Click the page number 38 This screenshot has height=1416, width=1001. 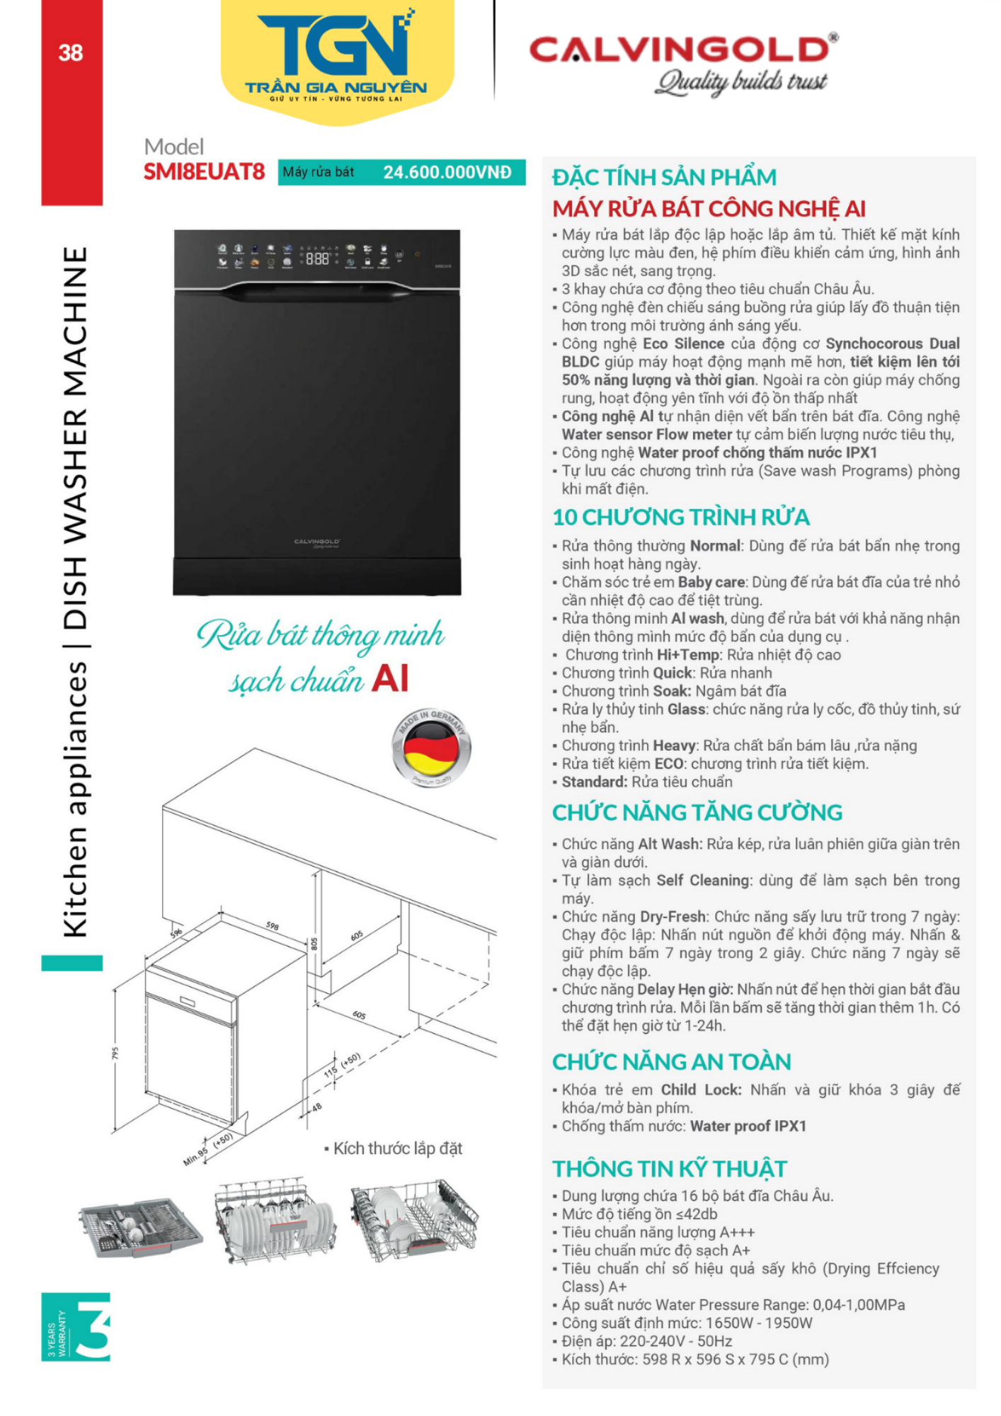71,52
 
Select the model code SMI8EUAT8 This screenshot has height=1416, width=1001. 204,172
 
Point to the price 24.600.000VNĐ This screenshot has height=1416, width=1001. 447,173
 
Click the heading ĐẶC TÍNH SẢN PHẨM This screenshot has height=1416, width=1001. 664,177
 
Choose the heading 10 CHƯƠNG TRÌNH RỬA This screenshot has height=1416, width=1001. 681,518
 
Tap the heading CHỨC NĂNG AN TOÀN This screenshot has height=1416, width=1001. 671,1062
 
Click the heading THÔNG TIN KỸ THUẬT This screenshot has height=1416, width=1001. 670,1169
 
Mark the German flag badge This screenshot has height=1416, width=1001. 431,748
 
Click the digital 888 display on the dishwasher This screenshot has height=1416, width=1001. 317,259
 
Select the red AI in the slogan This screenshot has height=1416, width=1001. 390,678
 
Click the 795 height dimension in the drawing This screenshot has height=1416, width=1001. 115,1054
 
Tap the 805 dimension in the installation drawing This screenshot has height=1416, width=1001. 314,944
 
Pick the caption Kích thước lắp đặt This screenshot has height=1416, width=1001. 397,1148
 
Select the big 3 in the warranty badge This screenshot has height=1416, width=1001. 93,1327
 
